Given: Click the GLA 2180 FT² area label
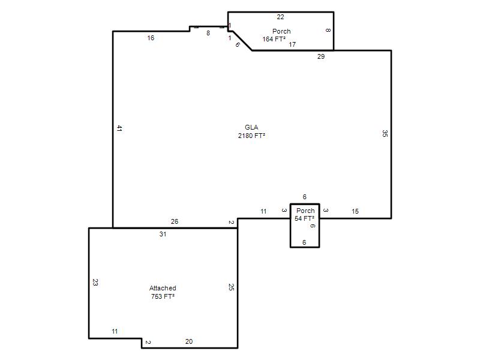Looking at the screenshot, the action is coord(251,131).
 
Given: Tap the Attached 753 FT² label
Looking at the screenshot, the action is coord(163,292).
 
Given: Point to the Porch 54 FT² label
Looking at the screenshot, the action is coord(305,214).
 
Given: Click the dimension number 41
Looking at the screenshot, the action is coord(119,128).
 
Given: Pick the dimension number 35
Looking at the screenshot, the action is coord(385,133).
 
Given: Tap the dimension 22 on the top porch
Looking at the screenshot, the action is coord(280,17).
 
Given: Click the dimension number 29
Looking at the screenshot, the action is coord(321,56).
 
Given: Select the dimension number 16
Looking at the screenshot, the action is coord(151,38).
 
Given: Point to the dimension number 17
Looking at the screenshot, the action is coord(292,44).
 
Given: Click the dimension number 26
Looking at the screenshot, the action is coord(175,221).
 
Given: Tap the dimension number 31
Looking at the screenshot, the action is coord(163,234).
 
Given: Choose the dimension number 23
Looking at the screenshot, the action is coord(95,282).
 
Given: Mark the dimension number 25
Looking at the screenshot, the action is coord(231,287).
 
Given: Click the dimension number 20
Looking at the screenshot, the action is coord(189,341).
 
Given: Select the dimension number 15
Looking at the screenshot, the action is coord(355,211).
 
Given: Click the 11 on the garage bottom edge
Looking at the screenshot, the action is coord(115,331).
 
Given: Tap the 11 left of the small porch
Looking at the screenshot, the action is coord(263,211).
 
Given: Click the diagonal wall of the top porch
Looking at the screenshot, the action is coord(242,41).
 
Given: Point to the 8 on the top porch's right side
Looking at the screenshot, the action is coord(328,31).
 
